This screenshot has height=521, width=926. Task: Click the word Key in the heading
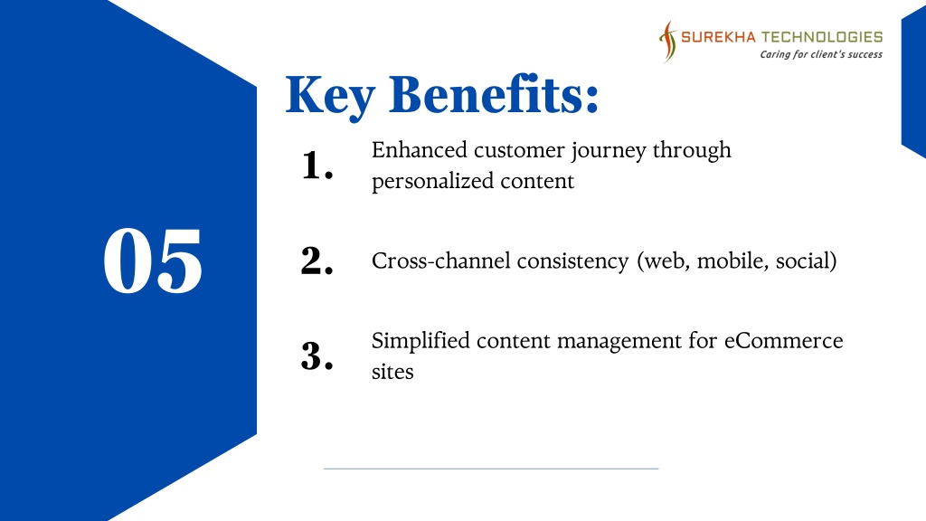(330, 95)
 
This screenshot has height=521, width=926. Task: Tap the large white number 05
(153, 260)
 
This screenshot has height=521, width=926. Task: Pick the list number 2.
(317, 260)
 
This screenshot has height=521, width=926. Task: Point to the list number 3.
(317, 356)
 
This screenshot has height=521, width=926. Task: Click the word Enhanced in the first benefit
(420, 149)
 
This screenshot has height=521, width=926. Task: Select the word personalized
(432, 181)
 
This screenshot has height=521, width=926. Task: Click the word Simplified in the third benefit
(420, 341)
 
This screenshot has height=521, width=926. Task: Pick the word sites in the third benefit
(392, 372)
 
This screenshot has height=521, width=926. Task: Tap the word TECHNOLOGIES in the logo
(821, 37)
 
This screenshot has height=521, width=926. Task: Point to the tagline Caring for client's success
(821, 54)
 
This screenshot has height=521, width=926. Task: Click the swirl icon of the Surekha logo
(668, 42)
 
